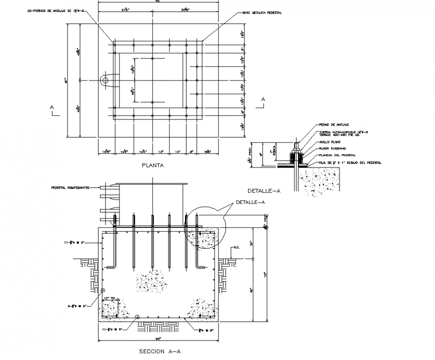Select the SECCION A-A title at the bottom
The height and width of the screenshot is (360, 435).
click(159, 351)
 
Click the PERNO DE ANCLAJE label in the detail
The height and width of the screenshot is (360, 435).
click(331, 124)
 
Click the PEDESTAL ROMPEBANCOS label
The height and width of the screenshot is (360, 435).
click(70, 188)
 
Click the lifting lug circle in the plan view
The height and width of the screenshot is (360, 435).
click(104, 80)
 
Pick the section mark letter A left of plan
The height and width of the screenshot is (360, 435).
click(51, 107)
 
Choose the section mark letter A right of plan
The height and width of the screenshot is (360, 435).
click(263, 99)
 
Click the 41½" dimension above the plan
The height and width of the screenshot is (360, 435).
click(119, 9)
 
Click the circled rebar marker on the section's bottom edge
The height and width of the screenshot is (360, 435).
click(137, 316)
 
